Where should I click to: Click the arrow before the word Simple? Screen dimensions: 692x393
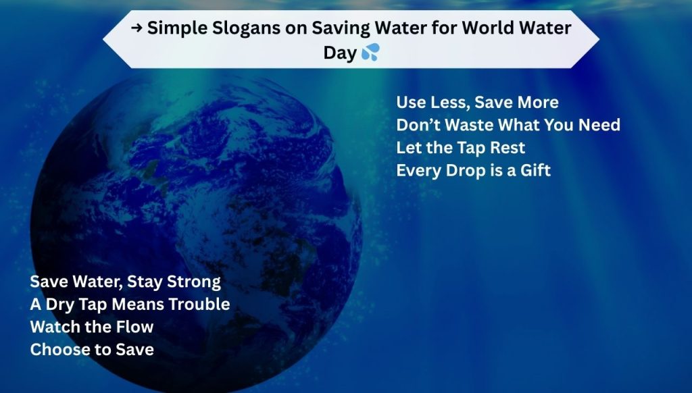(x=137, y=28)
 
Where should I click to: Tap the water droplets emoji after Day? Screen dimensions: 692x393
(x=370, y=52)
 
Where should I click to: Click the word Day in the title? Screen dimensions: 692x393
(x=340, y=53)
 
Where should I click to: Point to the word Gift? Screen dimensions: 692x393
(x=535, y=169)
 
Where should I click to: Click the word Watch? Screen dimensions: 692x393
(x=53, y=327)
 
